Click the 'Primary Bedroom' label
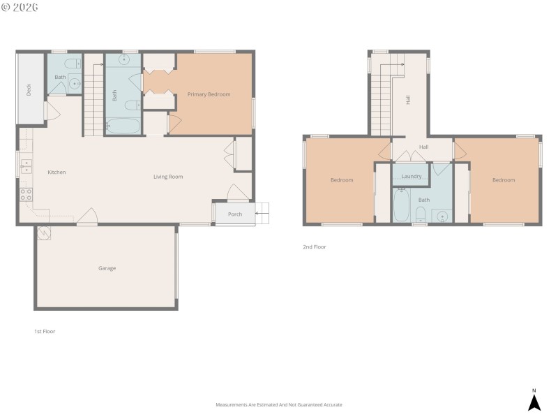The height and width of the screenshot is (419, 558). [x=209, y=94]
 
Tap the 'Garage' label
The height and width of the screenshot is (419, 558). [x=107, y=268]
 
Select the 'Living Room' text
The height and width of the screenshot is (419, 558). [x=168, y=177]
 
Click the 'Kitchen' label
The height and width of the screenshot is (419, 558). [x=56, y=172]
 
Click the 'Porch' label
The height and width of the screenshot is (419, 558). [x=235, y=214]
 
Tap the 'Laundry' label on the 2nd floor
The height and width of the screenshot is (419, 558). [x=412, y=177]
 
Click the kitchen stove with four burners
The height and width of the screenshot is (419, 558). [x=26, y=194]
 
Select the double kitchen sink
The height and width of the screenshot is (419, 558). [x=26, y=166]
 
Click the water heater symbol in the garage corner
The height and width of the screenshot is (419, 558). [x=44, y=234]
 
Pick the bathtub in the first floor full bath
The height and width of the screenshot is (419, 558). [x=123, y=126]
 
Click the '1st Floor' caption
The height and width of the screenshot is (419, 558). [x=45, y=332]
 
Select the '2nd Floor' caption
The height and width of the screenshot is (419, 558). [x=314, y=247]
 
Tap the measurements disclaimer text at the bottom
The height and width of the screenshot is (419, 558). [x=279, y=405]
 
